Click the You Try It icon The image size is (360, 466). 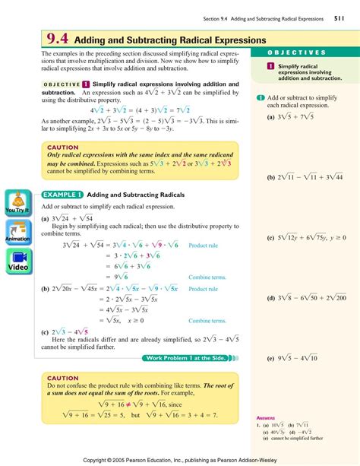point(17,201)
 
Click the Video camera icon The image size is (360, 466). point(17,262)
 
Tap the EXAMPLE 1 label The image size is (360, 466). point(62,194)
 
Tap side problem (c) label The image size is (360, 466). point(270,238)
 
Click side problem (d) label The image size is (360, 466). point(270,297)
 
